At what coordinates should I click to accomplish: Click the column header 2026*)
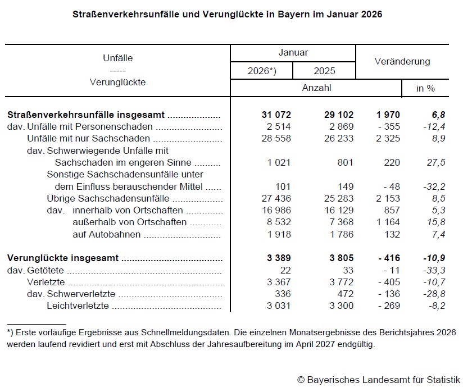click(262, 71)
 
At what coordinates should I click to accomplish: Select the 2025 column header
click(324, 71)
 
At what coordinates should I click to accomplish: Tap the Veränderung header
click(402, 61)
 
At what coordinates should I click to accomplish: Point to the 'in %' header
click(425, 88)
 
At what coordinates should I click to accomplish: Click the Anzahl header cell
click(316, 88)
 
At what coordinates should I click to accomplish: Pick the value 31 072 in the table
click(276, 115)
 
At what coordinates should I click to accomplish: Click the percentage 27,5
click(435, 162)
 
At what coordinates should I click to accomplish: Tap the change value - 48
click(388, 186)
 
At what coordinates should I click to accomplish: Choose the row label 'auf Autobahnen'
click(106, 234)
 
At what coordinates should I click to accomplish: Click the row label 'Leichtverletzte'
click(78, 306)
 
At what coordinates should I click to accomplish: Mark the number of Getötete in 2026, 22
click(285, 270)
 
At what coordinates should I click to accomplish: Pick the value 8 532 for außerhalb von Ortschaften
click(278, 222)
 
